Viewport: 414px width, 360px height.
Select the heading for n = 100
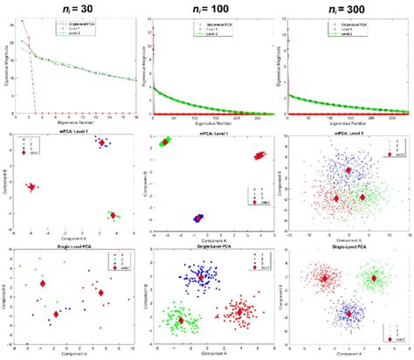[x=208, y=7]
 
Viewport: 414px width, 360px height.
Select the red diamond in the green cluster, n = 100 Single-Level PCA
[x=180, y=320]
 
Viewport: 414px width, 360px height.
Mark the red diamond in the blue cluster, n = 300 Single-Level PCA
[x=348, y=312]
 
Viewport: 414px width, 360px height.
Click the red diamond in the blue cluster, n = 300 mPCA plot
[x=348, y=170]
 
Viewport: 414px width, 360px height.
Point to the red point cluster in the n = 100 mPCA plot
[x=259, y=156]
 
